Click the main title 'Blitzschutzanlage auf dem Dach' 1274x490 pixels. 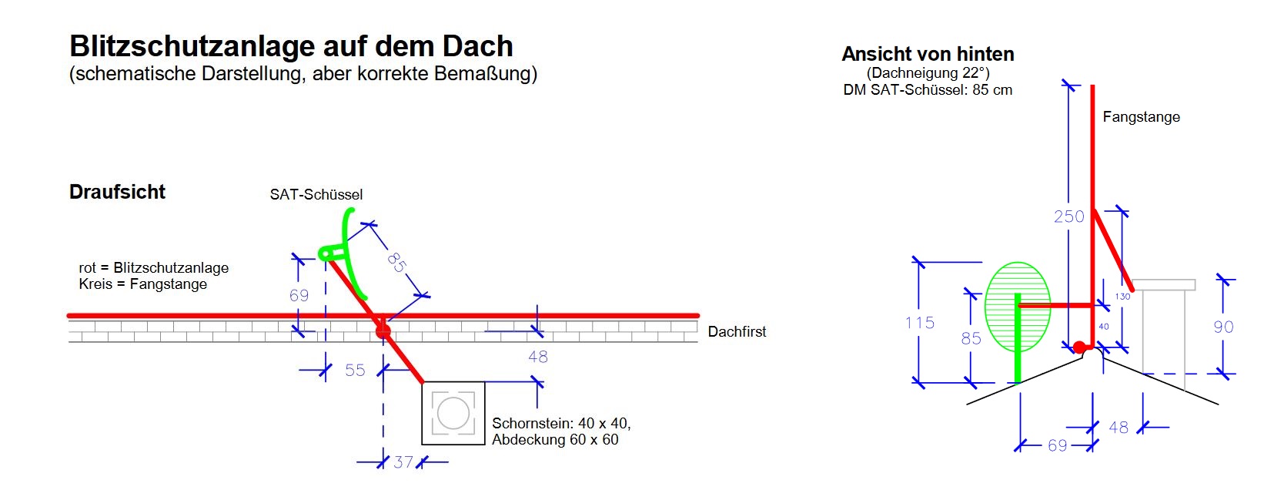tap(291, 46)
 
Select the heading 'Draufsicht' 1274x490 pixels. tap(117, 192)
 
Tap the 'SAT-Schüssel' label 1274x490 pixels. tap(316, 195)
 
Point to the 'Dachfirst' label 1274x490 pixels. tap(737, 332)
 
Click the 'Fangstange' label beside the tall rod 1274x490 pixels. tap(1141, 117)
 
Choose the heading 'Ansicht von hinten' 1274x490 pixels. tap(928, 54)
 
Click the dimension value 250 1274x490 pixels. tap(1068, 217)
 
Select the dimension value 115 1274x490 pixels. tap(919, 323)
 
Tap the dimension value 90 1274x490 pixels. tap(1223, 327)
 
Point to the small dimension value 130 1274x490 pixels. tap(1122, 297)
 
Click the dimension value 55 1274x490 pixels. tap(355, 371)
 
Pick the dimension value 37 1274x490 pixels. tap(403, 462)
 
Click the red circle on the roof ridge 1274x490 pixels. tap(383, 332)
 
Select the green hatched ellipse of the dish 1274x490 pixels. tap(1018, 307)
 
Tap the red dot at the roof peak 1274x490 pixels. tap(1079, 347)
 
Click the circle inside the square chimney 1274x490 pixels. tap(453, 414)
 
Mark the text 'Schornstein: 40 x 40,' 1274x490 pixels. tap(561, 423)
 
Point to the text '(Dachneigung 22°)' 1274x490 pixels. tap(928, 73)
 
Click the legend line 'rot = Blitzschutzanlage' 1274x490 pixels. tap(153, 268)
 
